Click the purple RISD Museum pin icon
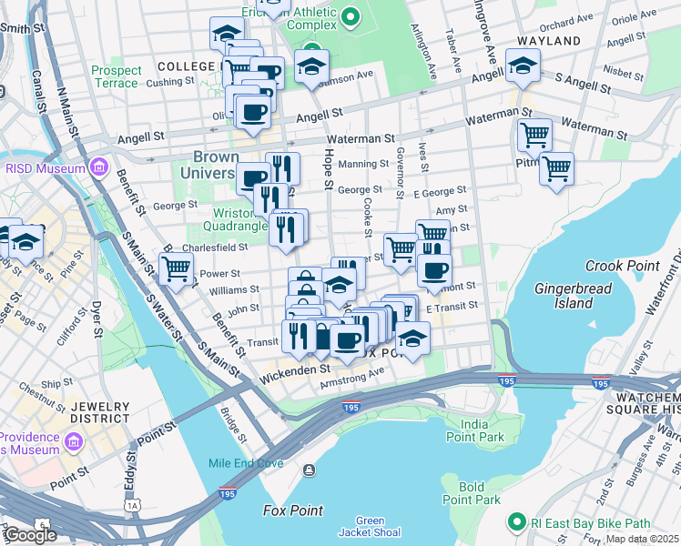[x=99, y=167]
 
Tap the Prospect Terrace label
[x=116, y=76]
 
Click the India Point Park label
[x=482, y=431]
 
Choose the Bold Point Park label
[x=472, y=493]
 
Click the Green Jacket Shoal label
[x=362, y=526]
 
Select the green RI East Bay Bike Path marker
[x=517, y=522]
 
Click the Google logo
[x=30, y=535]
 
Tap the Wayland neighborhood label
[x=549, y=42]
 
